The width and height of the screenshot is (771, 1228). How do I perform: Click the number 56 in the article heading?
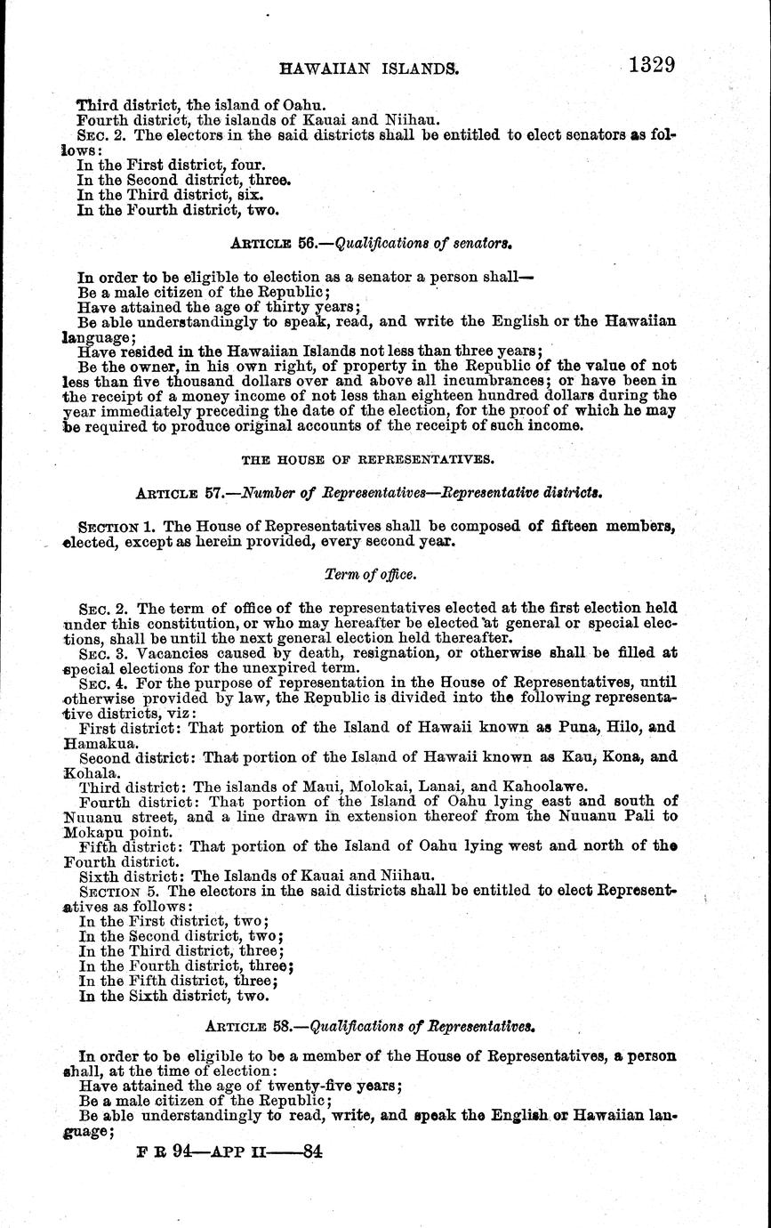pos(284,240)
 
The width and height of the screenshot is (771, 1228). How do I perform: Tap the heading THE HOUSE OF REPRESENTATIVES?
pos(366,460)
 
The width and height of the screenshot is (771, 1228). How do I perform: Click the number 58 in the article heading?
pos(282,1025)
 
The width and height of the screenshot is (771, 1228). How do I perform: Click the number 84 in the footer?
pos(311,1150)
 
